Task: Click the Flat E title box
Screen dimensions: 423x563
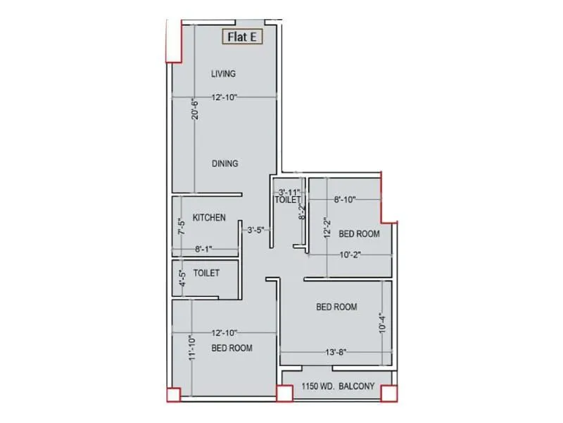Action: click(x=241, y=37)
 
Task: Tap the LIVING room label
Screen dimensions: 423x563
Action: click(x=223, y=73)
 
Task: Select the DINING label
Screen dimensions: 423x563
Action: click(x=225, y=164)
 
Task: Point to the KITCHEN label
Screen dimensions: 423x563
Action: click(x=209, y=218)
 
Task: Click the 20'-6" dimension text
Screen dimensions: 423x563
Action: click(x=196, y=109)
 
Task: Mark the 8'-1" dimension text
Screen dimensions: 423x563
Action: click(x=203, y=249)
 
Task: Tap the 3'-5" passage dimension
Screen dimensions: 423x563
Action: click(x=253, y=230)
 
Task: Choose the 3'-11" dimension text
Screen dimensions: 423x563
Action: click(x=289, y=192)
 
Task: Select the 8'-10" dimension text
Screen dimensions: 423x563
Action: click(x=345, y=200)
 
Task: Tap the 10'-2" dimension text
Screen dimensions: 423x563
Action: click(x=349, y=255)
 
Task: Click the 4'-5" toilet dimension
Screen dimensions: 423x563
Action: click(x=181, y=278)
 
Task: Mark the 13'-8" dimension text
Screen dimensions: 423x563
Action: click(x=335, y=352)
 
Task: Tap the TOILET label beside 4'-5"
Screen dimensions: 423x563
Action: click(x=206, y=273)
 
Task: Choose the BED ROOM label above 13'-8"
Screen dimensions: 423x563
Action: click(x=336, y=307)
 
